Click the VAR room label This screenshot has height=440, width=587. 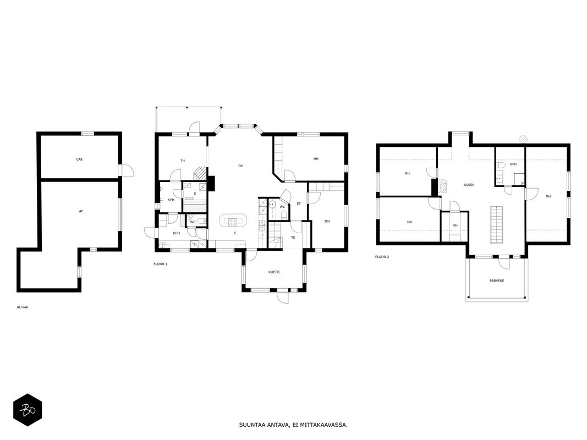tap(79, 159)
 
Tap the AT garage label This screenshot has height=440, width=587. tap(81, 211)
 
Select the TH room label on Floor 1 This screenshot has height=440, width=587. tap(183, 161)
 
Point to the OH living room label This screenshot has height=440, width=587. tap(241, 166)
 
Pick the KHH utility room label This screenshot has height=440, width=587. tap(177, 233)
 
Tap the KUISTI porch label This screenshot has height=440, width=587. tap(273, 272)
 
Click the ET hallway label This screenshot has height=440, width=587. tap(299, 204)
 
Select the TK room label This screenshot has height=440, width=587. tap(293, 238)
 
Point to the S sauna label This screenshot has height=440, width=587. tap(195, 194)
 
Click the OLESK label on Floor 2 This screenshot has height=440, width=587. tap(469, 185)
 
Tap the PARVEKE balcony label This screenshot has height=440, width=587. tap(497, 280)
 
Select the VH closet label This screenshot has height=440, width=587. tap(455, 226)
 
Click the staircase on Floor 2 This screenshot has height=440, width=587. tap(496, 224)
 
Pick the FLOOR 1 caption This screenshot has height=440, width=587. tap(160, 264)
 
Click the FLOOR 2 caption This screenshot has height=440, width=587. tap(382, 257)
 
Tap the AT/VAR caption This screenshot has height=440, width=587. tap(23, 307)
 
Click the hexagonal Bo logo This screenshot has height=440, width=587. tap(28, 410)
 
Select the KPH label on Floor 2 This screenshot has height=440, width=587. tap(513, 164)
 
